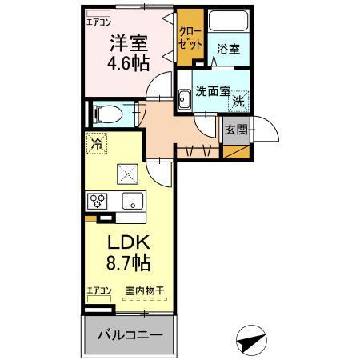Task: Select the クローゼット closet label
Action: point(190,39)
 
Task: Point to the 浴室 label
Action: point(228,50)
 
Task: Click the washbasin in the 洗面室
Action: point(184,100)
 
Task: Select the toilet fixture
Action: point(104,113)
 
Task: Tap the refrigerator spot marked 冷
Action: point(96,145)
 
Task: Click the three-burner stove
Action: point(97,201)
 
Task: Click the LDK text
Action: point(126,242)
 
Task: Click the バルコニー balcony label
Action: point(130,335)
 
